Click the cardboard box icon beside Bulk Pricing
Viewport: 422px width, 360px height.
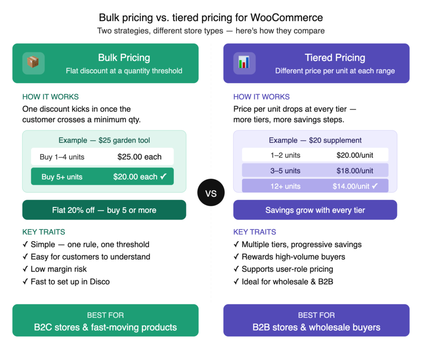point(33,63)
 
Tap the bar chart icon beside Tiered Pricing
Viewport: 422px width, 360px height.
point(244,63)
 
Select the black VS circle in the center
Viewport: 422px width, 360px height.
point(211,193)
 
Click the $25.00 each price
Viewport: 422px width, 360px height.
point(139,157)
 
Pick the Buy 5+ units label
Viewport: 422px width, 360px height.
point(62,177)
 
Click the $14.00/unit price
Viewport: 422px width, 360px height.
point(351,186)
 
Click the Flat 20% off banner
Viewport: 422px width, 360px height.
point(104,210)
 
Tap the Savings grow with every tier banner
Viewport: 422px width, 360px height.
point(315,210)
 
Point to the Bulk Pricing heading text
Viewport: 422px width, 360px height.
point(124,58)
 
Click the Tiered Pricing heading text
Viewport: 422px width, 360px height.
point(335,58)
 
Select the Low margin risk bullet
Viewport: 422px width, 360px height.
point(59,269)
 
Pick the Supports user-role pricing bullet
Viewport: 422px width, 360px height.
point(287,269)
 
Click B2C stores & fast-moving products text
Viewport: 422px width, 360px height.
point(105,327)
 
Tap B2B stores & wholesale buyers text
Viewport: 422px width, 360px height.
point(316,327)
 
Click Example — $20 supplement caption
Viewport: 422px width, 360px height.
point(315,140)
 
